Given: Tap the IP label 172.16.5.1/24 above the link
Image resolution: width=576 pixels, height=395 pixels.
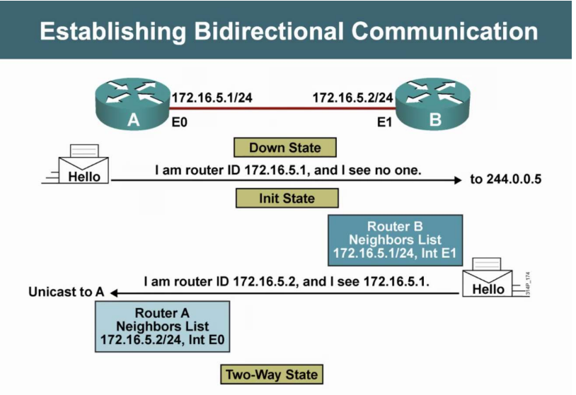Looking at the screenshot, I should click(x=212, y=97).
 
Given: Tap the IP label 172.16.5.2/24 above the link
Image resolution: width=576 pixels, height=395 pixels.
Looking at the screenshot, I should click(x=352, y=97).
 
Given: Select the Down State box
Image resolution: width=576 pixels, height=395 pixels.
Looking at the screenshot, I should click(x=285, y=148).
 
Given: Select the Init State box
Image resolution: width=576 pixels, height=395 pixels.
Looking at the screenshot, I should click(x=287, y=199).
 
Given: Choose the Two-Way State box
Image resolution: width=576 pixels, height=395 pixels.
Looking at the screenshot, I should click(x=272, y=374).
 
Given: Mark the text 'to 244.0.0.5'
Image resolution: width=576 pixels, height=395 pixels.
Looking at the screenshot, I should click(x=505, y=179).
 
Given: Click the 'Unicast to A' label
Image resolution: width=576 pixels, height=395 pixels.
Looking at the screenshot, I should click(x=66, y=292).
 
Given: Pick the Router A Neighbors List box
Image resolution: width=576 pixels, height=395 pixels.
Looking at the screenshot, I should click(x=163, y=327).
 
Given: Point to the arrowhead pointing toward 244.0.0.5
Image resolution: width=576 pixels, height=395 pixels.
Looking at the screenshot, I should click(x=456, y=180).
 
